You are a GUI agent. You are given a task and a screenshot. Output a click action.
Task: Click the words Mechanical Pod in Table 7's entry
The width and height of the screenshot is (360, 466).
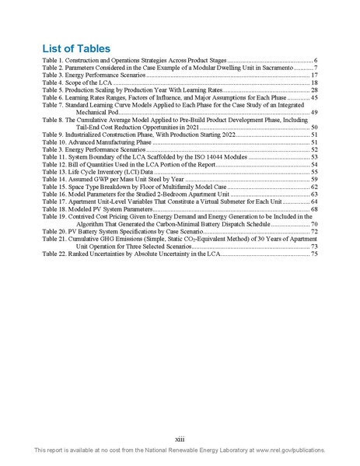pos(96,113)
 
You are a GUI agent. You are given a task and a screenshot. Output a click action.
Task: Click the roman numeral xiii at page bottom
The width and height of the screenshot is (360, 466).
pos(180,437)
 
